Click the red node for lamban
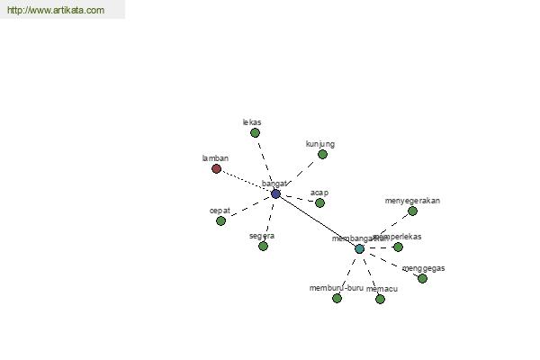[216, 168]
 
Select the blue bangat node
[275, 193]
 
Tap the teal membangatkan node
[359, 248]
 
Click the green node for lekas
[255, 132]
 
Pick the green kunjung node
[322, 154]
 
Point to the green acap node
[319, 202]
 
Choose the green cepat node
[220, 220]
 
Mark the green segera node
[263, 246]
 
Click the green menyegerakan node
[412, 211]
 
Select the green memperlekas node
[398, 247]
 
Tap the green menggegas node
[422, 278]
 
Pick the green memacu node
[380, 299]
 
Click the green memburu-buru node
[337, 298]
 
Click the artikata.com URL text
[56, 11]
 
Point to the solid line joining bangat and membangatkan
[317, 220]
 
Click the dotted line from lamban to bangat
[245, 180]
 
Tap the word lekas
[252, 121]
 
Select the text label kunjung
[320, 144]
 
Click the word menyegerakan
[412, 200]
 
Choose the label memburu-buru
[337, 288]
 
